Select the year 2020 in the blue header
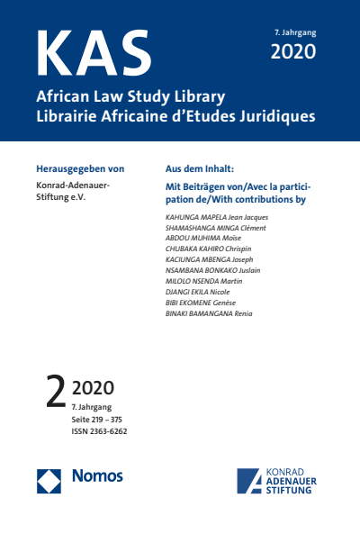coord(293,51)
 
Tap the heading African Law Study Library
coord(130,95)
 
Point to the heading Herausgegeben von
coord(79,168)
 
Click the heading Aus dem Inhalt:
coord(200,168)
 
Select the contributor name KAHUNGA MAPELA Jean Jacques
coord(217,218)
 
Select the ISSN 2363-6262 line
coord(100,430)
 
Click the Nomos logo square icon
coord(49,480)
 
